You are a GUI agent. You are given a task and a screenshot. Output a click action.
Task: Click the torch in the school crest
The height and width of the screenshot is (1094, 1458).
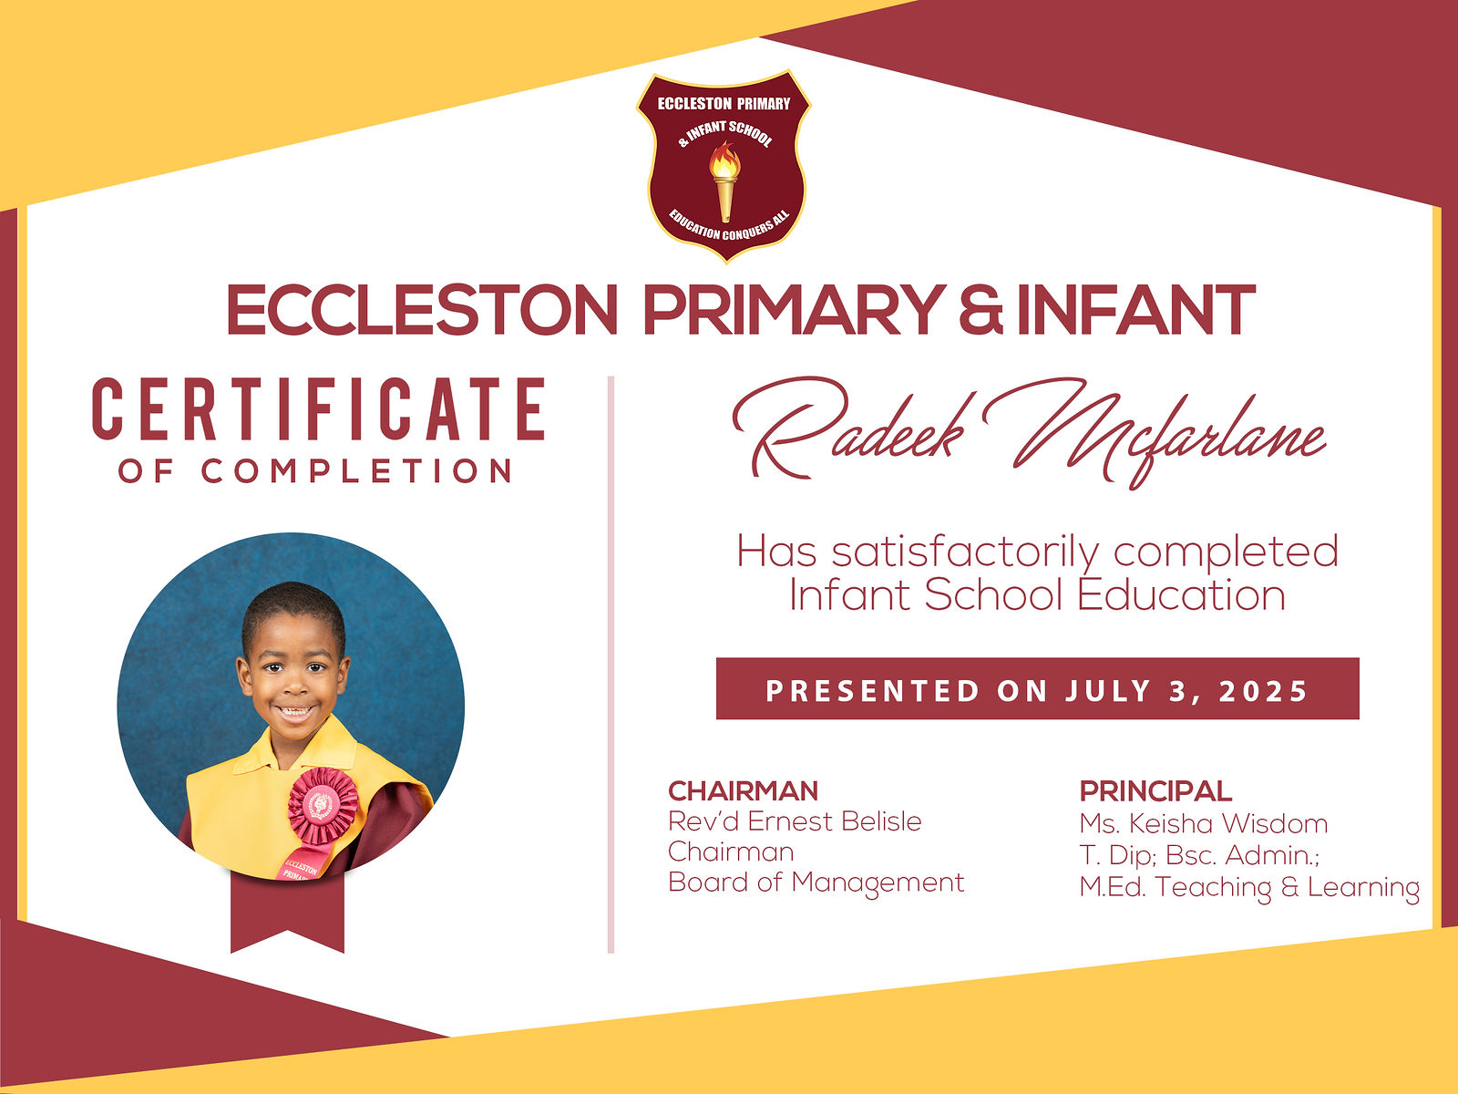[x=724, y=181]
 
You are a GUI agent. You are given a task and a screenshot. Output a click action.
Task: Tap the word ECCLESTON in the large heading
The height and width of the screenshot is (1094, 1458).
[x=422, y=310]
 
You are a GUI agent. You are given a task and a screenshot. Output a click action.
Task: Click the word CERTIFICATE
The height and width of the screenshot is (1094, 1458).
[x=319, y=409]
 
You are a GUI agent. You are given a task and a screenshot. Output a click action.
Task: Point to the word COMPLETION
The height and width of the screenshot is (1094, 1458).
[x=356, y=471]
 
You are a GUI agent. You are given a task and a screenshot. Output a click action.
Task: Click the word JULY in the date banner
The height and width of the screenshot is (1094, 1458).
[x=1108, y=691]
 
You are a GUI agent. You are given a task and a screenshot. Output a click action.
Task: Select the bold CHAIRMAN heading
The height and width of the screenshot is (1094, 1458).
[x=744, y=791]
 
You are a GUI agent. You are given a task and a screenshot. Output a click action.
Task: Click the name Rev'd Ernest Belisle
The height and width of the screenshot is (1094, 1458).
[x=796, y=821]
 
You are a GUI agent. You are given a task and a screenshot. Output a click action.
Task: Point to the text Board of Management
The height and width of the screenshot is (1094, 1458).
[x=816, y=882]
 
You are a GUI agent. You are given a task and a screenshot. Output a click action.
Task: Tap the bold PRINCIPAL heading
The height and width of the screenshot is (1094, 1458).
[x=1155, y=791]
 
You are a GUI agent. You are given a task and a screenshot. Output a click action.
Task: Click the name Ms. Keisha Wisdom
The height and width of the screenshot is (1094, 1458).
[x=1204, y=823]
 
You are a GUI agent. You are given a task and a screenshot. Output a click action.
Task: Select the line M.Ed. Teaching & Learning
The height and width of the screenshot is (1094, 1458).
[x=1249, y=887]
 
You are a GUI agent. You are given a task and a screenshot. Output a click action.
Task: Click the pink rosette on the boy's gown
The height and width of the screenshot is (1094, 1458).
[x=323, y=805]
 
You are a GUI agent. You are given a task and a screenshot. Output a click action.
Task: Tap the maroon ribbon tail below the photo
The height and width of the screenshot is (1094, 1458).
[x=288, y=913]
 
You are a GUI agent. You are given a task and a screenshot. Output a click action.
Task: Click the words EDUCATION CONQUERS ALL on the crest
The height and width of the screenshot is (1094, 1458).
[x=729, y=226]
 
